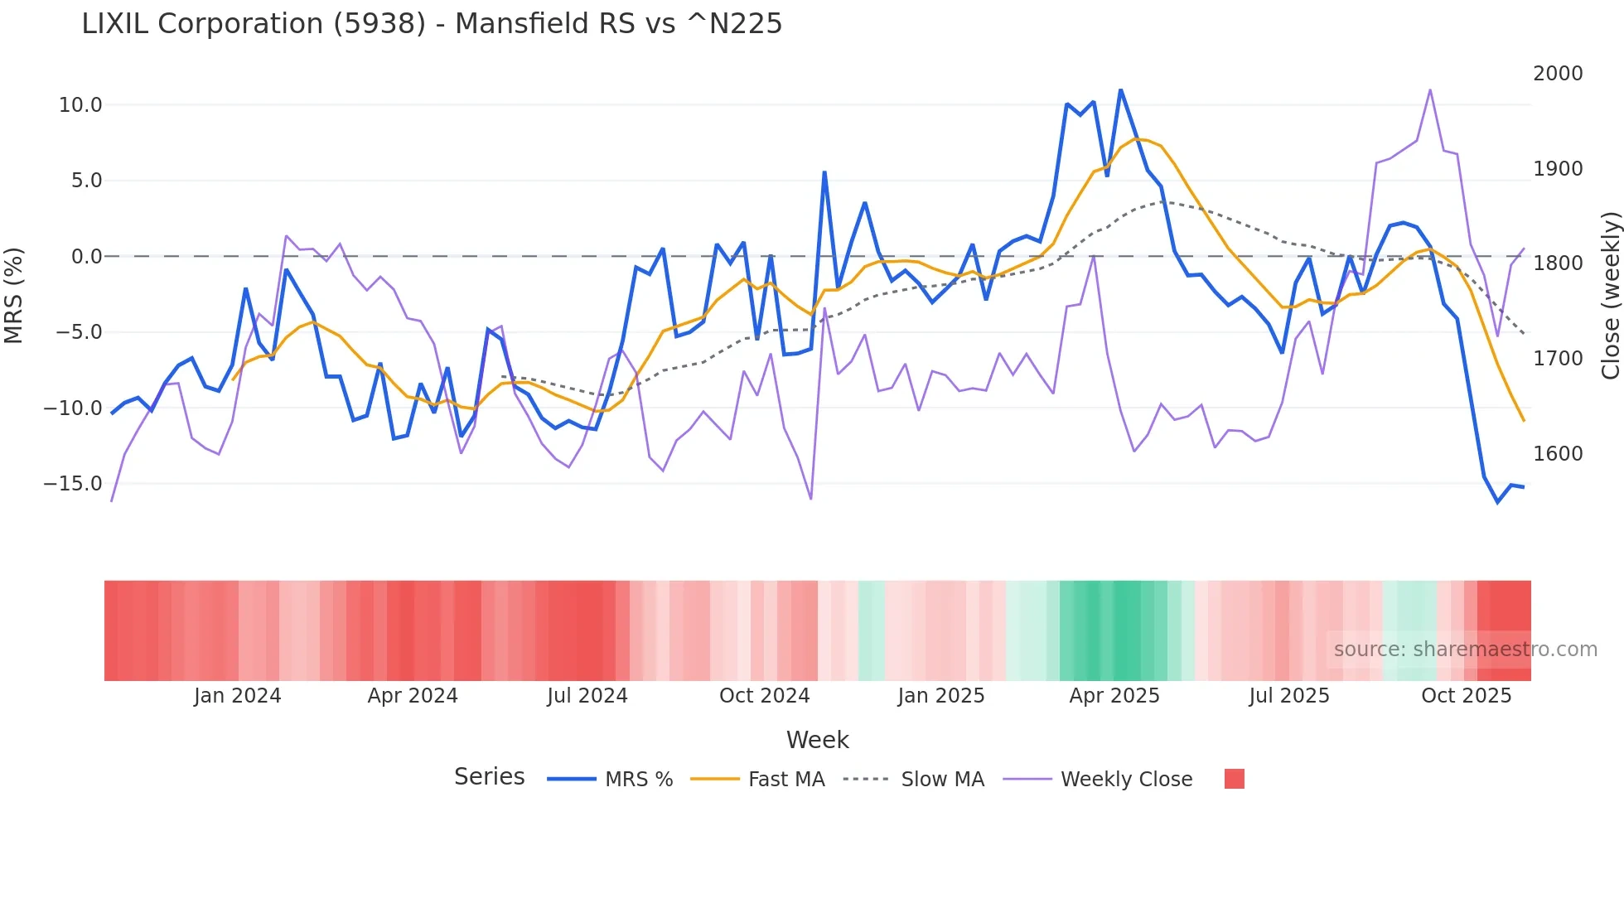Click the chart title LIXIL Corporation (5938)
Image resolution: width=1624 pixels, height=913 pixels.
pos(431,24)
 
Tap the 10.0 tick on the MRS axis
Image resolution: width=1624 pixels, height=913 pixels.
pos(80,105)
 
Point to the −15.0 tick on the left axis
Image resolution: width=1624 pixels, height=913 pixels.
pos(73,484)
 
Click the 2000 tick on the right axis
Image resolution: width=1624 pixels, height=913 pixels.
pos(1558,74)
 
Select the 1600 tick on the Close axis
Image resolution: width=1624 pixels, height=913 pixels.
pos(1558,454)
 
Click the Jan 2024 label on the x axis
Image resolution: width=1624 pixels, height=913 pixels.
pos(238,696)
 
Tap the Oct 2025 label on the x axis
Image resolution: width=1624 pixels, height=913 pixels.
pos(1466,696)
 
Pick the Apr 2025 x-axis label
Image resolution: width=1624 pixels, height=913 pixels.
pos(1114,696)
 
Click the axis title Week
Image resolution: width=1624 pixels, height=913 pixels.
pos(817,740)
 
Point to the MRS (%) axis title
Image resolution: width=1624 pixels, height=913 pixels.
pos(14,295)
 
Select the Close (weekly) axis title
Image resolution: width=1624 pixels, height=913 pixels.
pos(1610,295)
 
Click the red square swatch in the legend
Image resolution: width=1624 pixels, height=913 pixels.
pos(1234,779)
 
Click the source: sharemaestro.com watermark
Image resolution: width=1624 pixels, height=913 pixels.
pos(1465,650)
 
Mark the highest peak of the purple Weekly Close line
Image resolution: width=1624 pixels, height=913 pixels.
pos(1430,89)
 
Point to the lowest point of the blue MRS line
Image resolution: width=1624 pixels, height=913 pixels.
pos(1497,502)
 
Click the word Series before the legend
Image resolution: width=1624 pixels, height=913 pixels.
pos(489,777)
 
